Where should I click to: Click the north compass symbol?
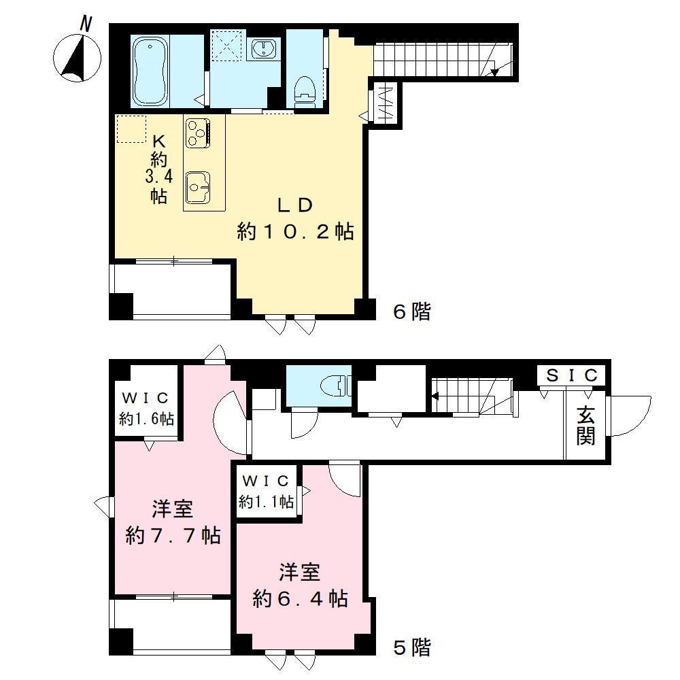77,54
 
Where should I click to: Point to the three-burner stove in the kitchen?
198,131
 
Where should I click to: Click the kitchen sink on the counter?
198,184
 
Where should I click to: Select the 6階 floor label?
412,311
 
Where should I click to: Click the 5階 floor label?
412,647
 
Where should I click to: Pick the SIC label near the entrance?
573,375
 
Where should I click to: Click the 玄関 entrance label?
586,425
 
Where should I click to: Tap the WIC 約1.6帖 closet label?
146,408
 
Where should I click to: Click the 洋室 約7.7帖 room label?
172,522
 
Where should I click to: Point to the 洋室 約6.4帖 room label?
300,585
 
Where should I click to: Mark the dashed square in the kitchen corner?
131,129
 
